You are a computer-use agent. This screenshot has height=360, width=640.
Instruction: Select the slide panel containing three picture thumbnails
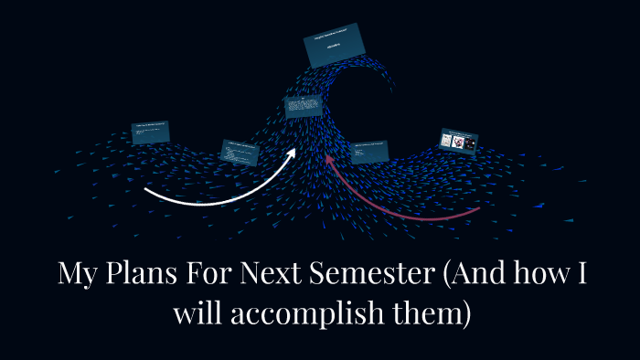(x=460, y=139)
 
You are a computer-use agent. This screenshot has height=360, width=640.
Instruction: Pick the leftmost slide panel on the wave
(x=151, y=132)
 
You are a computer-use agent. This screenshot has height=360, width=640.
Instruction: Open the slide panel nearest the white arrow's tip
(x=303, y=108)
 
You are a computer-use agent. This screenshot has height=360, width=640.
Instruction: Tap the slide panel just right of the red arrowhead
(x=368, y=151)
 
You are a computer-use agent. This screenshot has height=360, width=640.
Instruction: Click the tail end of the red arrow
(x=478, y=211)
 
